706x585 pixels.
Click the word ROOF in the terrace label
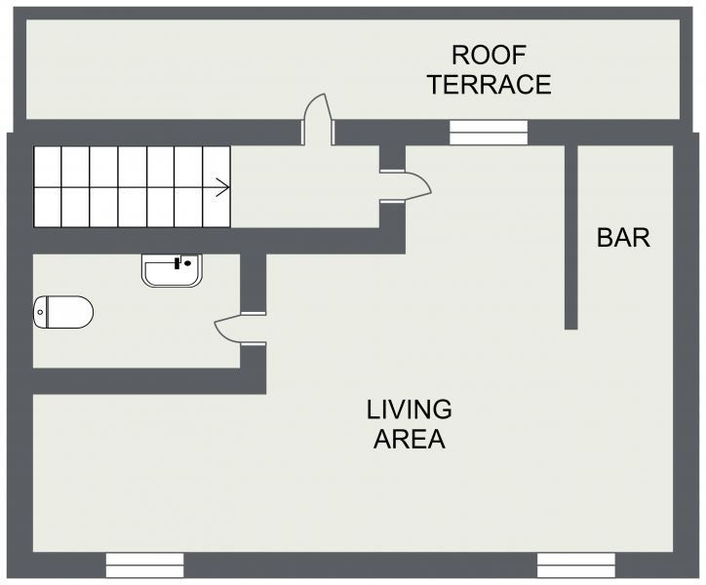[489, 55]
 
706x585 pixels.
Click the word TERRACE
[490, 84]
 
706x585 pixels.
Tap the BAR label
[624, 238]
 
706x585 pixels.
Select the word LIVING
[410, 409]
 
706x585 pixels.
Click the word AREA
[410, 439]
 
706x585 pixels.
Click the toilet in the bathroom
[63, 312]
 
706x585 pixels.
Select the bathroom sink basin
[172, 271]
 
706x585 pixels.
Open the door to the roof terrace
[318, 119]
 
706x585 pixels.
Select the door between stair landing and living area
[406, 186]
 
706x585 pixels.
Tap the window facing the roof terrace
[489, 133]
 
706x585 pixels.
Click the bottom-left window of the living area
[145, 565]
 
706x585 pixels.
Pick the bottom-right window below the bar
[576, 565]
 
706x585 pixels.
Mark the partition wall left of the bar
[570, 237]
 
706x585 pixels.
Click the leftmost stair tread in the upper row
[47, 166]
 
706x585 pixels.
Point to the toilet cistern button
[40, 312]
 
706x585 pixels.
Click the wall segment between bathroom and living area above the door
[253, 283]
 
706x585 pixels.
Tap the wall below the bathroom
[149, 381]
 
